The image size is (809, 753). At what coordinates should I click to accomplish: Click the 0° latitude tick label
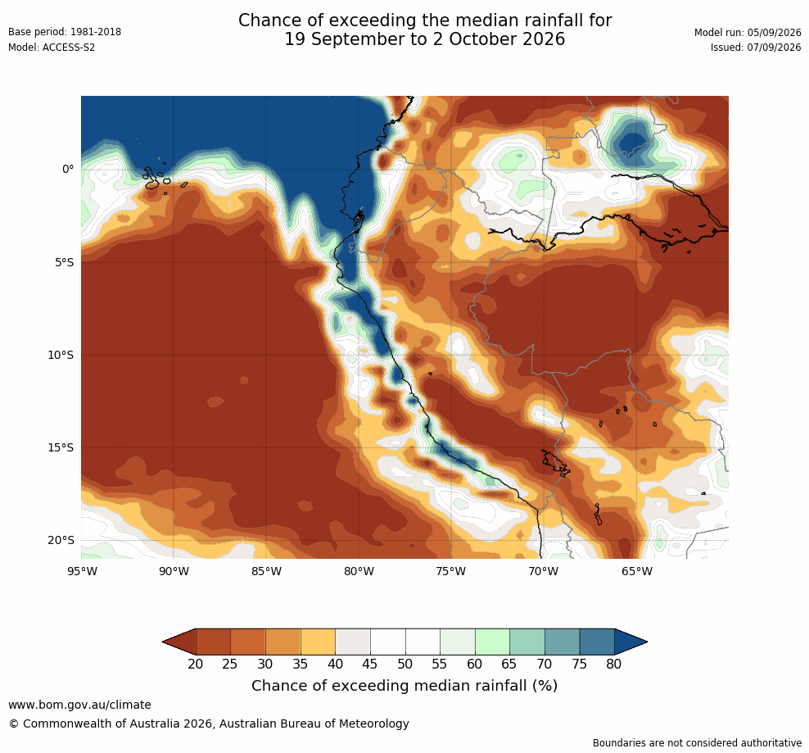click(68, 170)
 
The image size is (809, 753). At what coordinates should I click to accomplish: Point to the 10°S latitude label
click(61, 356)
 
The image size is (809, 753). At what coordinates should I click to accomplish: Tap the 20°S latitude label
click(61, 540)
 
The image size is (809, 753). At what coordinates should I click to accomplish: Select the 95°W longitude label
click(82, 571)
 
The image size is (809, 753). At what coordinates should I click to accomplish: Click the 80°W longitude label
click(359, 571)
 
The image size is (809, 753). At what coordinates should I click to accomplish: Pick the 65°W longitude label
click(637, 571)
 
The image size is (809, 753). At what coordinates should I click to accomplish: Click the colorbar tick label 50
click(405, 665)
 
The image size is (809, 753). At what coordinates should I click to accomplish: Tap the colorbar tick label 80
click(614, 665)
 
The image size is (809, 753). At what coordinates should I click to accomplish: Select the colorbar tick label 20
click(196, 665)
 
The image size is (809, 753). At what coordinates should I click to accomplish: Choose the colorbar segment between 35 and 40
click(318, 642)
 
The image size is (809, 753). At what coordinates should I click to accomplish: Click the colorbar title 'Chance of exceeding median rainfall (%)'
click(404, 686)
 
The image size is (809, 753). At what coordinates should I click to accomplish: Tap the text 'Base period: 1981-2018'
click(65, 32)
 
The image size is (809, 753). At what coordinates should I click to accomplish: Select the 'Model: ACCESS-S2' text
click(52, 48)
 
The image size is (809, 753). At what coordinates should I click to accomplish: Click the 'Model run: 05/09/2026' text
click(748, 33)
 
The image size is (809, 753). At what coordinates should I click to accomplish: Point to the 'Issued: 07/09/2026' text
click(756, 48)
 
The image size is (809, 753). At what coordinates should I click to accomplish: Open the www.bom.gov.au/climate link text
click(80, 705)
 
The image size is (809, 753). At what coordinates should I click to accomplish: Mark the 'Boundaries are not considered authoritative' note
click(697, 743)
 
